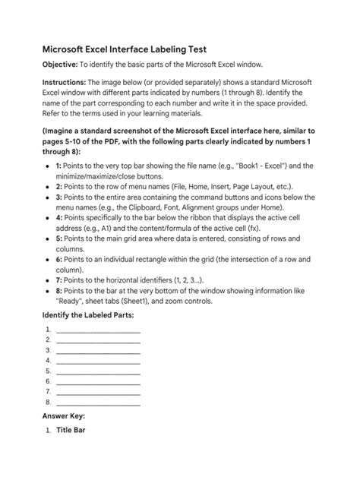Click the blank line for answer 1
[x=98, y=330]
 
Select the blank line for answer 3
[x=98, y=350]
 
